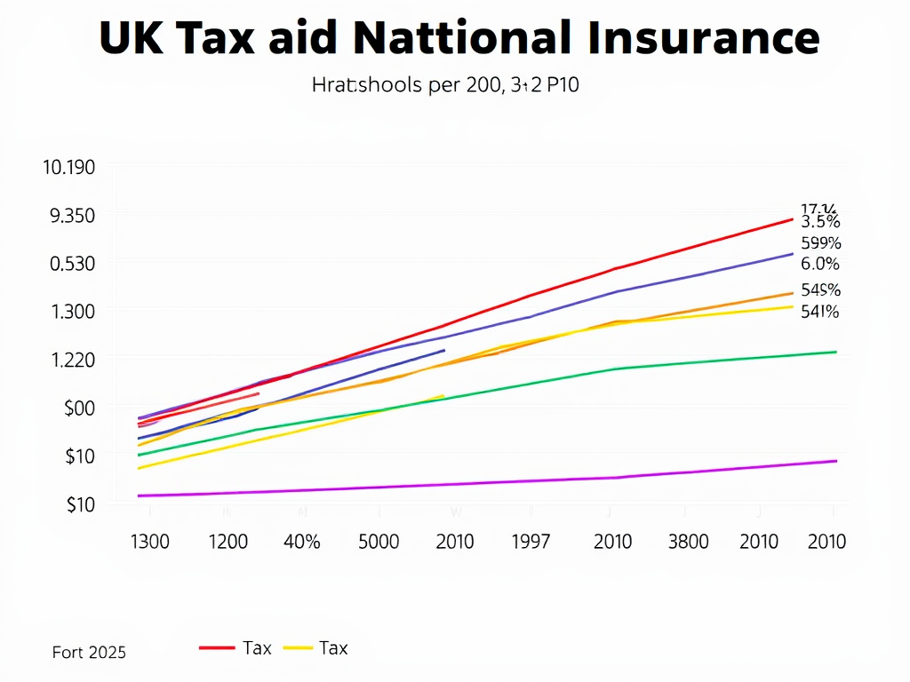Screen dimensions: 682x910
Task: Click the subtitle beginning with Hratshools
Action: (446, 86)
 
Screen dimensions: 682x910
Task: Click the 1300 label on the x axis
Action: (149, 541)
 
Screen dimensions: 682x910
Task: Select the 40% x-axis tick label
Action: (302, 541)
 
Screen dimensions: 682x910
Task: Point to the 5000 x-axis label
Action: (379, 541)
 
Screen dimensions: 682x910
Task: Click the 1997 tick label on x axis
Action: (531, 541)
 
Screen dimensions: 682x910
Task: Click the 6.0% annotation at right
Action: (819, 264)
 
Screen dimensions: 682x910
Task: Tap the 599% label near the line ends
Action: (820, 243)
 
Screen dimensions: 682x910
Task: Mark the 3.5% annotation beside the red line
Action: (820, 222)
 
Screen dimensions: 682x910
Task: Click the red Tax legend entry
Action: (236, 648)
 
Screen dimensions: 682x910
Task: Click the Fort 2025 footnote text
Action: (89, 653)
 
